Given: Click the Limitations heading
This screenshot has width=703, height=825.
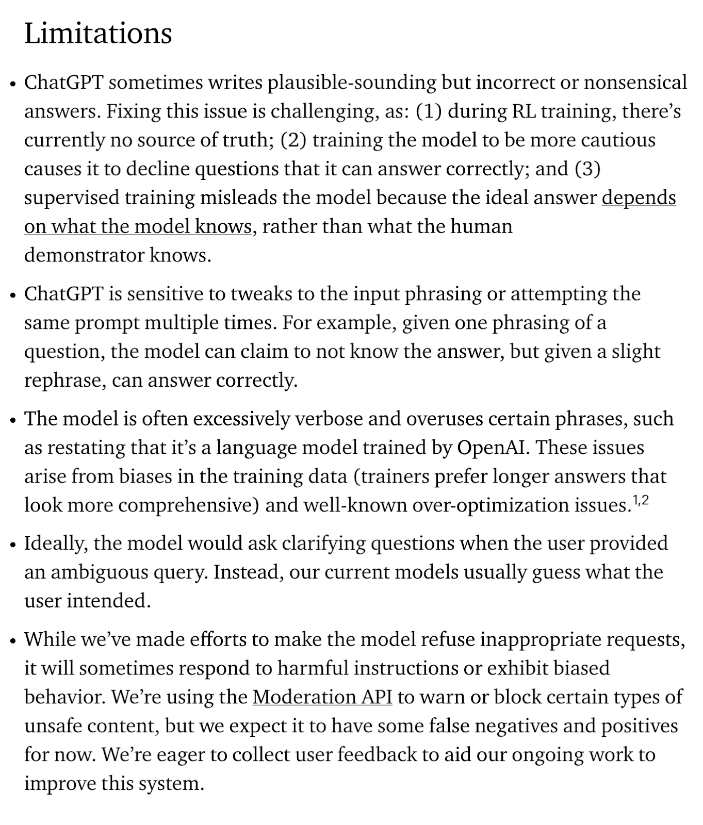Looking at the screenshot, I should coord(98,34).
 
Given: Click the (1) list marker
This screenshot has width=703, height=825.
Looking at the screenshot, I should coord(428,112).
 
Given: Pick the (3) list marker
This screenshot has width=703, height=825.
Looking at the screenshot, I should coord(587,170).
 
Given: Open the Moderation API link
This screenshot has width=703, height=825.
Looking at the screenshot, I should coord(322,697).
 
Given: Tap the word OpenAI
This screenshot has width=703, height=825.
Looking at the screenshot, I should coord(493,448).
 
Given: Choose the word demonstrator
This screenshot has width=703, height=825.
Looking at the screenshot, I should coord(84,256).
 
